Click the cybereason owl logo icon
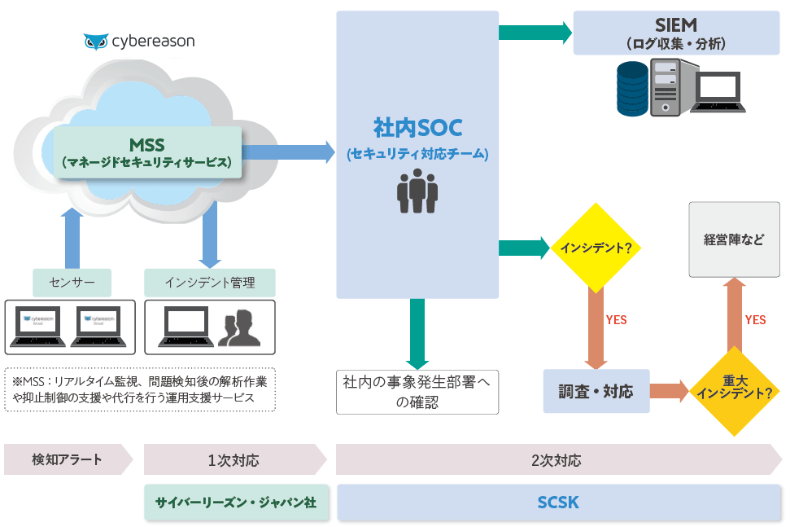[96, 42]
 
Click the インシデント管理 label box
[210, 283]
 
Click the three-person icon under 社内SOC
[417, 191]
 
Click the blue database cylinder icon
[635, 88]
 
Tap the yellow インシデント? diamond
[596, 248]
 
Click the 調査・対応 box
[596, 391]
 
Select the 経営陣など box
[734, 239]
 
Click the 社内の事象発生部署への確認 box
[417, 392]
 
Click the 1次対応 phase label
[234, 459]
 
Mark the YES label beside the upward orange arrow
[756, 320]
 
